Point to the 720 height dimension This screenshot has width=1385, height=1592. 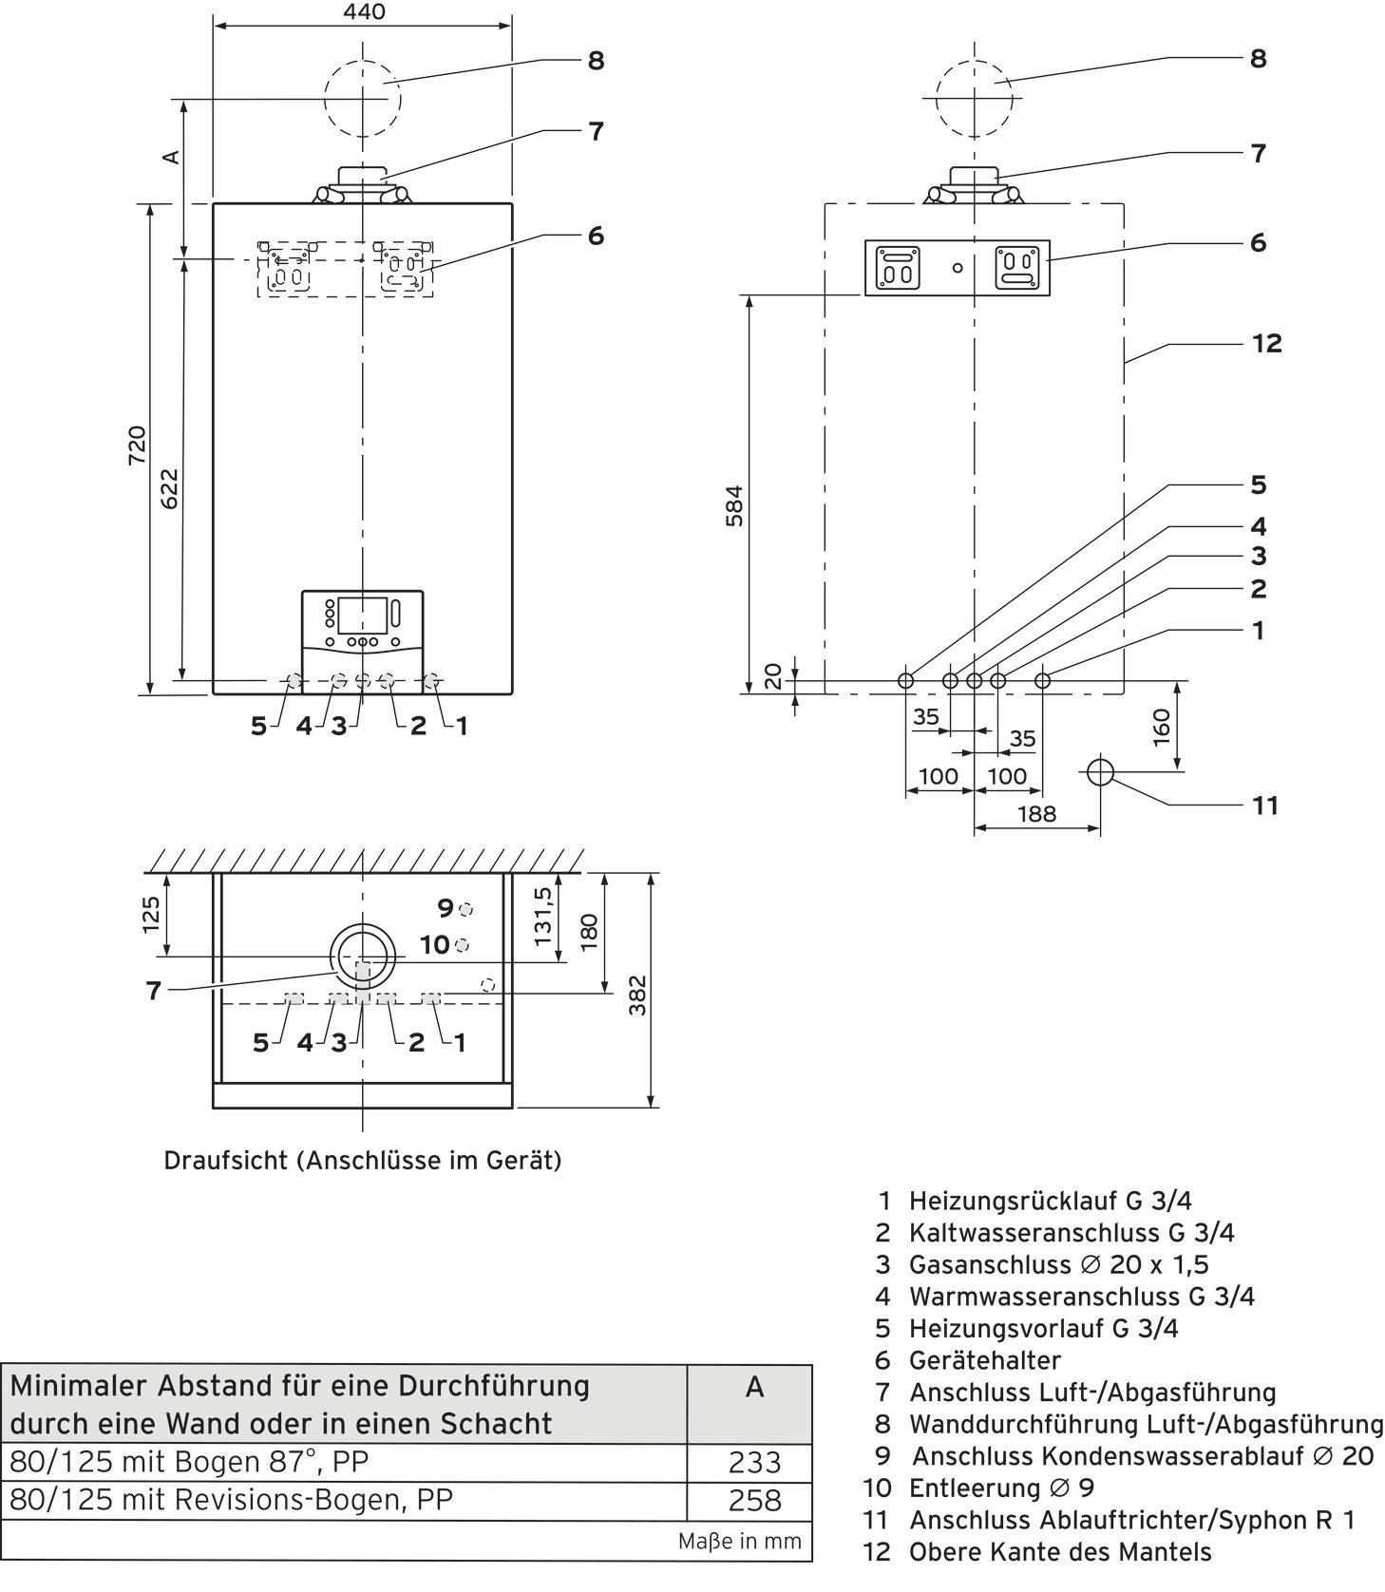tap(138, 446)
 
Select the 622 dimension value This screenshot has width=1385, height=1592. tap(168, 488)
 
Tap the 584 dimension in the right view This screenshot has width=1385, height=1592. tap(733, 506)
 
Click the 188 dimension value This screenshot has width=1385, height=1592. tap(1035, 814)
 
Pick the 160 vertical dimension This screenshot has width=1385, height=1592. tap(1162, 728)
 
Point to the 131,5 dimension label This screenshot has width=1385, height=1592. tap(542, 916)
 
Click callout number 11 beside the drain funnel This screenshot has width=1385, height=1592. tap(1264, 805)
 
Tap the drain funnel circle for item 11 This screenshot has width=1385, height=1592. tap(1100, 772)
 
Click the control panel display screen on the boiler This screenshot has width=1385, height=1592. tap(362, 614)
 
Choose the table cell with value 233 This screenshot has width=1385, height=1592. tap(754, 1462)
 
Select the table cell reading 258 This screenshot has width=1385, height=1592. tap(754, 1500)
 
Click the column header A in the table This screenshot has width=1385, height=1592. tap(754, 1388)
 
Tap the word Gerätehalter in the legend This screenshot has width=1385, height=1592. tap(985, 1360)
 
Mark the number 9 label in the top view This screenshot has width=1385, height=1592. tap(446, 908)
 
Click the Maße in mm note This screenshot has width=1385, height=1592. tap(739, 1541)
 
